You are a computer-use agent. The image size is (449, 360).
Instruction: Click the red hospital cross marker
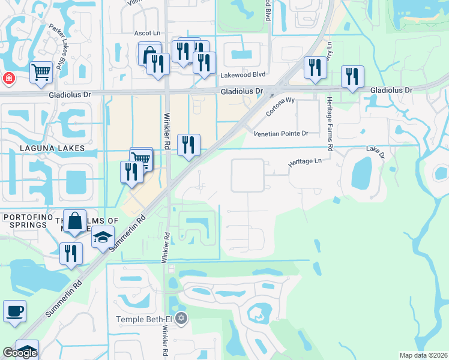[8, 78]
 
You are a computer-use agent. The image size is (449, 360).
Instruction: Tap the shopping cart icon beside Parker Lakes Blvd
[41, 72]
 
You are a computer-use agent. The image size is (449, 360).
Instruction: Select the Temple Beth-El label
[144, 318]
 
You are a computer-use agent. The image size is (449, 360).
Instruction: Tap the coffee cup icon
[14, 311]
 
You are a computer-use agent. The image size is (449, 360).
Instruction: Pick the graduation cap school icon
[103, 237]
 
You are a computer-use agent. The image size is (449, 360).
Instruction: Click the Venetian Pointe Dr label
[281, 133]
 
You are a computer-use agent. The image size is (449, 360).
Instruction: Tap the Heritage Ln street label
[305, 161]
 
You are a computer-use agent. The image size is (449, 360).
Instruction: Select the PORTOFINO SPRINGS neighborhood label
[25, 220]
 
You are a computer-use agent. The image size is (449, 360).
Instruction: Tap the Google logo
[20, 353]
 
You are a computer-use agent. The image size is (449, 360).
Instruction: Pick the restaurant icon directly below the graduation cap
[70, 253]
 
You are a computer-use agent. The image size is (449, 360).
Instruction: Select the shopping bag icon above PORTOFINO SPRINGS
[75, 220]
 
